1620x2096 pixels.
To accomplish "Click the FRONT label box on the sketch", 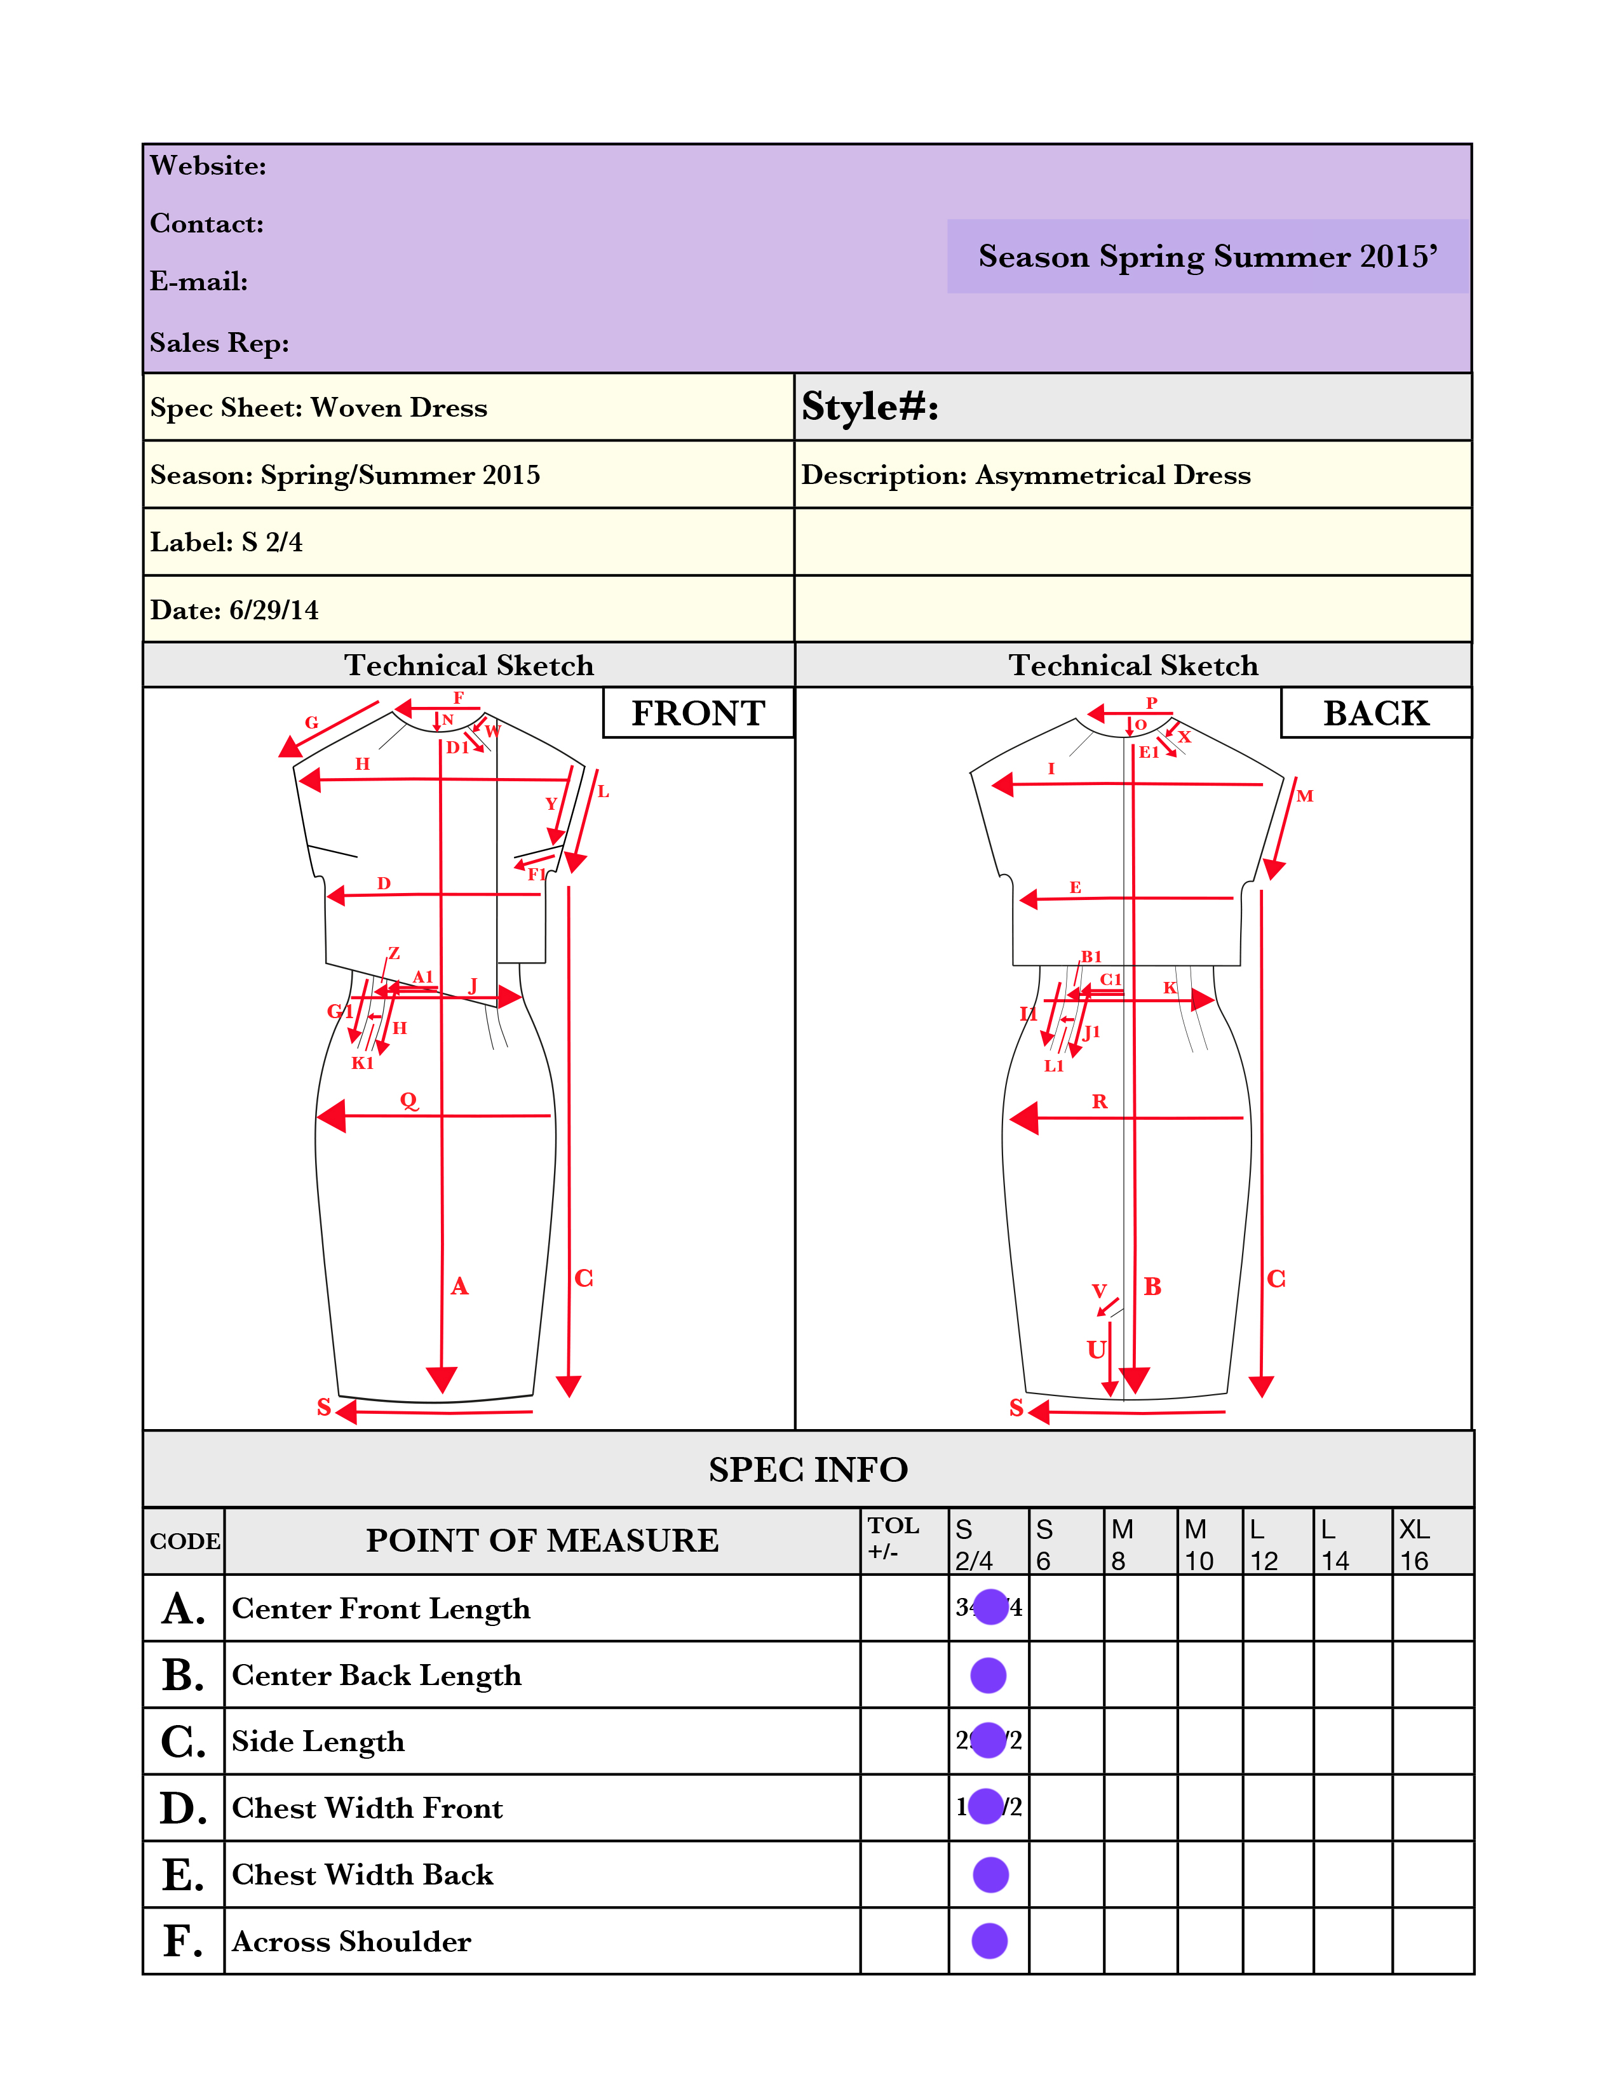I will (698, 713).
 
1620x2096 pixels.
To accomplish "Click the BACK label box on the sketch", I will (1375, 713).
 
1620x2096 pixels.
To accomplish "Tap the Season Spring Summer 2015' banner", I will (1207, 256).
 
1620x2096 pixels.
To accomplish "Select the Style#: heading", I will (870, 407).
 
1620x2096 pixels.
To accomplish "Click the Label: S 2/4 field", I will (227, 542).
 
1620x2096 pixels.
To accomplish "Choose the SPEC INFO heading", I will (808, 1469).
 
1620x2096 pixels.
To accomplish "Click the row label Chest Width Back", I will (363, 1874).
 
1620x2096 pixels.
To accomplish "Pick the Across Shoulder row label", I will (351, 1942).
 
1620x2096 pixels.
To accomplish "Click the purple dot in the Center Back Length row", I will (989, 1675).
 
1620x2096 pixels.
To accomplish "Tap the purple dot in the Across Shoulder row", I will (989, 1940).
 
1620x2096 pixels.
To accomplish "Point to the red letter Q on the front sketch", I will (409, 1101).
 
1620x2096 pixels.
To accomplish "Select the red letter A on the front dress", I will (460, 1286).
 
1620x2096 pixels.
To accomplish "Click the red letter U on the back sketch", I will (1096, 1349).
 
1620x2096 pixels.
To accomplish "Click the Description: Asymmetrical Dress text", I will (1026, 475).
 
